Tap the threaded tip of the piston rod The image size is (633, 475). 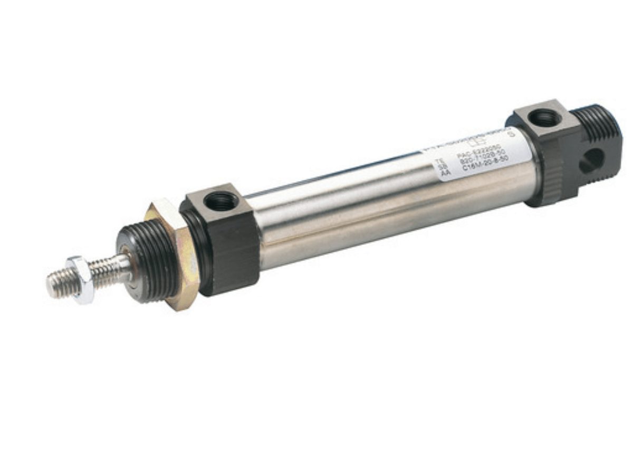56,284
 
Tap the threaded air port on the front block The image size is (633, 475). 220,200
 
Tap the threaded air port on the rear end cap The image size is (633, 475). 543,117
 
